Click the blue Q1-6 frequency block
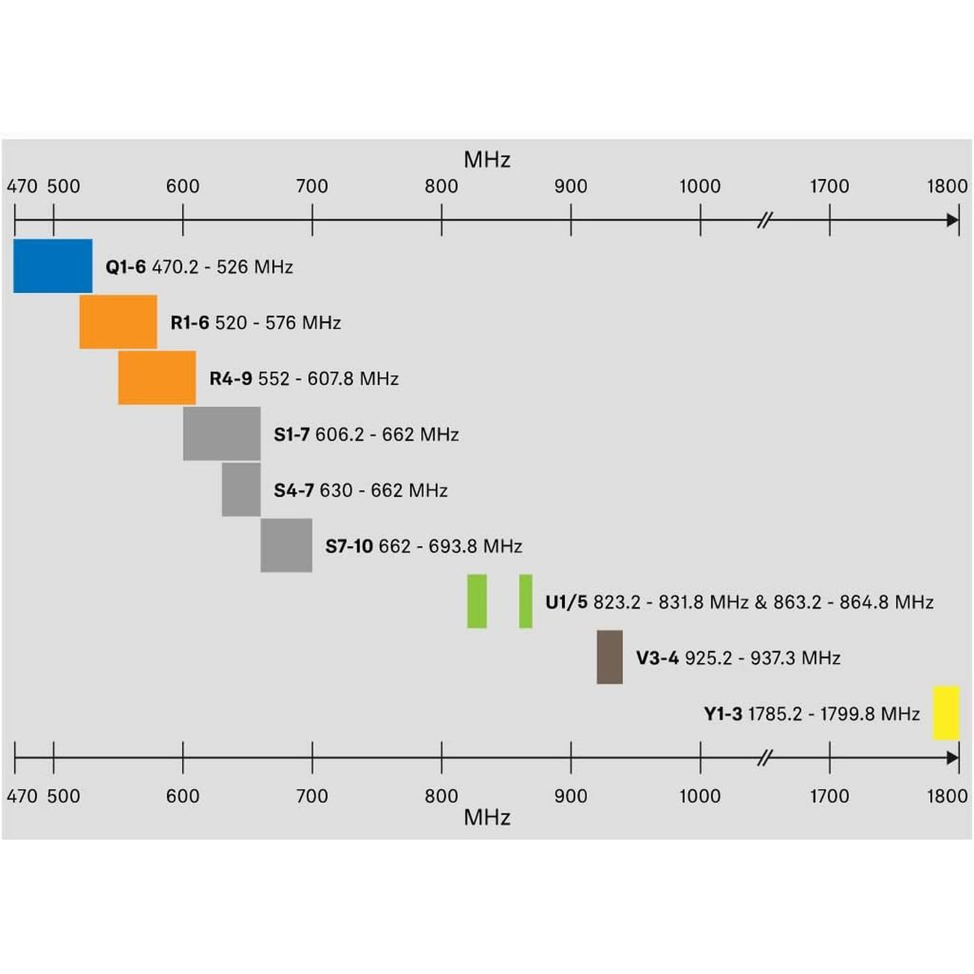52,266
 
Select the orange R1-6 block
118,322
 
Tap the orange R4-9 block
157,378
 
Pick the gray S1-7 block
222,434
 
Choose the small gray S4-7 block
241,490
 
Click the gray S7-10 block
286,545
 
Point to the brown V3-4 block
609,657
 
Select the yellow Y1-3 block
946,713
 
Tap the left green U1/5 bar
477,601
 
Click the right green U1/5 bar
525,601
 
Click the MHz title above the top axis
487,160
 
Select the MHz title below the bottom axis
487,817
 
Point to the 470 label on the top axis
22,187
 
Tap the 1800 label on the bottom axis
947,796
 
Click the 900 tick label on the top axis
570,187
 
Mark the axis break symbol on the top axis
764,220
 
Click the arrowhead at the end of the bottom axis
952,757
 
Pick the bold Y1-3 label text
723,714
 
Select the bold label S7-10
349,546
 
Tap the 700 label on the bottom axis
312,796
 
